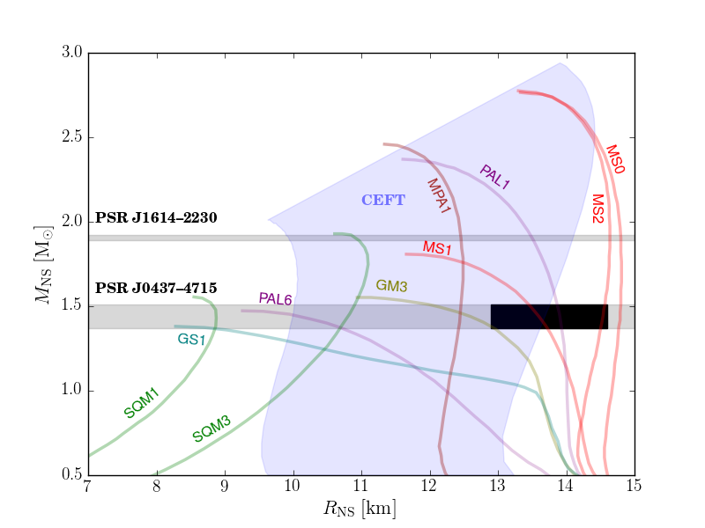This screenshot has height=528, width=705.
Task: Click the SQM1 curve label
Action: (142, 403)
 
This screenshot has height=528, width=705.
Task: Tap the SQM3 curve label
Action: (211, 429)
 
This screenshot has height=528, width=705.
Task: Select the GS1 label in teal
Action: (191, 339)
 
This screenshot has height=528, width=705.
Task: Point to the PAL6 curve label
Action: (275, 298)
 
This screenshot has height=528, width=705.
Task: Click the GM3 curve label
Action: (391, 285)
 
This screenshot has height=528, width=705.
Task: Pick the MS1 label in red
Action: (437, 247)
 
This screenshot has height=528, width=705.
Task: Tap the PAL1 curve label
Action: (495, 177)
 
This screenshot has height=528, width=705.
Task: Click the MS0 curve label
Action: (615, 159)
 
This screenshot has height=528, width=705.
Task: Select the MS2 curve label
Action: (597, 209)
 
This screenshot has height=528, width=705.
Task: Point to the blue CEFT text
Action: (383, 200)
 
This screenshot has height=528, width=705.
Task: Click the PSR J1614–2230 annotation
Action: (156, 217)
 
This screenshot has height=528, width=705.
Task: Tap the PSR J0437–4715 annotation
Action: (156, 288)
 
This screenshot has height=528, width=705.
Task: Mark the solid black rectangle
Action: (549, 317)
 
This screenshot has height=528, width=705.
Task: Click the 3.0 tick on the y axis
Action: (72, 52)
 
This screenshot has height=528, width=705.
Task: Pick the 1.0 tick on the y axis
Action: (72, 390)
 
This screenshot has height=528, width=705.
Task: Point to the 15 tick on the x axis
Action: (634, 486)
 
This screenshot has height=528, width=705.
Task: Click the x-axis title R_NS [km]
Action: (360, 509)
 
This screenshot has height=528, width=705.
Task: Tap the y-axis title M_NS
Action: (43, 265)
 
